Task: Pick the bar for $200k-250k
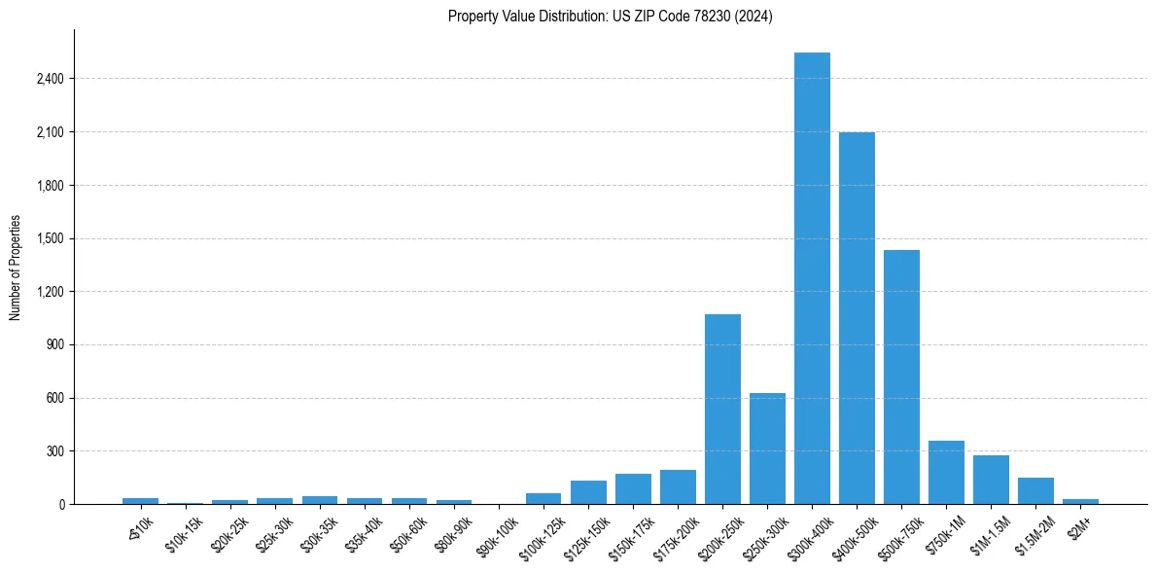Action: coord(722,410)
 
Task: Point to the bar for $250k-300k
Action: coord(767,448)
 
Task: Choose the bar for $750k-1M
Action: coord(946,473)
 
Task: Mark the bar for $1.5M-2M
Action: coord(1035,491)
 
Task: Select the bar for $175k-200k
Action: coord(678,487)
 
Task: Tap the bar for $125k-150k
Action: coord(588,492)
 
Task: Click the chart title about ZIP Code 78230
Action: coord(611,17)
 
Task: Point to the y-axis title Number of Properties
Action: coord(16,268)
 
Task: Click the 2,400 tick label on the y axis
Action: coord(50,79)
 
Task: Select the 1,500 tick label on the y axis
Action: coord(50,238)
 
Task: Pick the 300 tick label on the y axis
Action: coord(54,451)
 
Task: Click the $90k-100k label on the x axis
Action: coord(499,532)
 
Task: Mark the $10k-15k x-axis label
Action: coord(185,530)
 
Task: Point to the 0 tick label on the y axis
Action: coord(61,505)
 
